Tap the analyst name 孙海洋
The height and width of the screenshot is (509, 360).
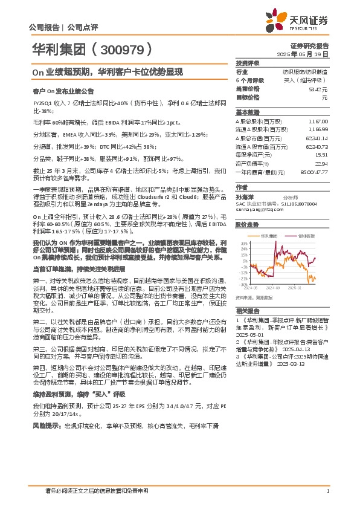point(244,196)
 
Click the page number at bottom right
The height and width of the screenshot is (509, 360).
point(327,490)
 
